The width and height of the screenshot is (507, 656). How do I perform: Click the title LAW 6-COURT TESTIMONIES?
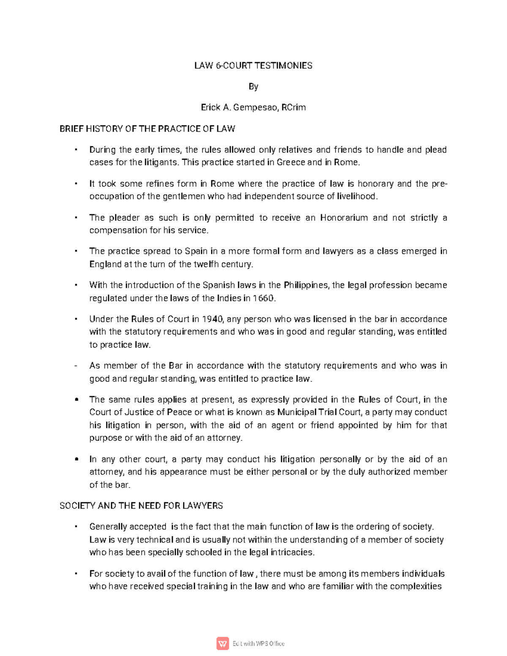(253, 65)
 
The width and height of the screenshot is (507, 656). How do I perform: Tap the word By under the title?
(253, 87)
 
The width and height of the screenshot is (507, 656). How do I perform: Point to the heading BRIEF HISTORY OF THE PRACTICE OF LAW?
(147, 129)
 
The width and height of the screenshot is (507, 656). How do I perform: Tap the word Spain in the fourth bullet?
(196, 251)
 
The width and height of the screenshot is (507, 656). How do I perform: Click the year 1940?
(212, 319)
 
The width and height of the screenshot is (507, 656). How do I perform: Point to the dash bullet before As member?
(75, 366)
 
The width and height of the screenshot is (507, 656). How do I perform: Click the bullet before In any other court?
(76, 459)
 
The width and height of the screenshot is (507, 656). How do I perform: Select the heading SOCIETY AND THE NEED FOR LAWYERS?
(141, 506)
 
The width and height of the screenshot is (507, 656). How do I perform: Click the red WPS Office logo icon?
(222, 643)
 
